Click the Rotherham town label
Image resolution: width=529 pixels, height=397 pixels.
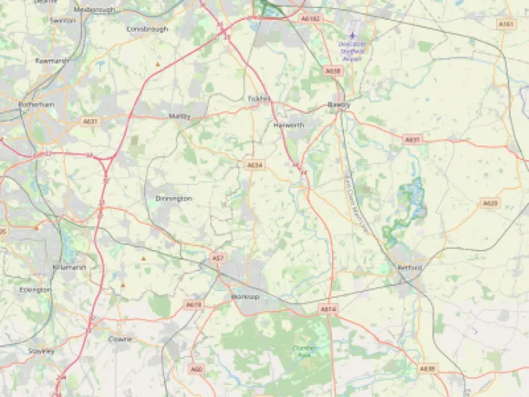37,105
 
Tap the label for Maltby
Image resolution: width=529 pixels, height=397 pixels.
179,116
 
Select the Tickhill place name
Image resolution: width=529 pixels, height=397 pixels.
259,99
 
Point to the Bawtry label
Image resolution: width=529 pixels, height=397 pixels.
339,105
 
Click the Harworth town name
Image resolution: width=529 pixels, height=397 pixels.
288,126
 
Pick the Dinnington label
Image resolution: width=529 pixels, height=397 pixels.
173,198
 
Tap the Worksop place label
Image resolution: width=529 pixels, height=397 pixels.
245,297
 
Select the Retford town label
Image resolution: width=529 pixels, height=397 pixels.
409,268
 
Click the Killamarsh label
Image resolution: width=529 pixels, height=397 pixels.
69,268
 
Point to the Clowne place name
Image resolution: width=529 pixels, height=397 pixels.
120,339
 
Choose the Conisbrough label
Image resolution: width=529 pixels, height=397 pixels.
147,29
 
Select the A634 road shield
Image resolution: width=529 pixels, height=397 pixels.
254,165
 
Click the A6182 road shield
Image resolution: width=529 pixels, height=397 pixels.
311,18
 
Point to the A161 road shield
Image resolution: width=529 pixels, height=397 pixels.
505,24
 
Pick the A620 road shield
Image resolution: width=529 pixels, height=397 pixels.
490,203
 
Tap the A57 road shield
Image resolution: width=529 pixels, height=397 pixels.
217,259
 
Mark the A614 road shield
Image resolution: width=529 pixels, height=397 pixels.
328,310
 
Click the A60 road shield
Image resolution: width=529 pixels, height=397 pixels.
195,369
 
